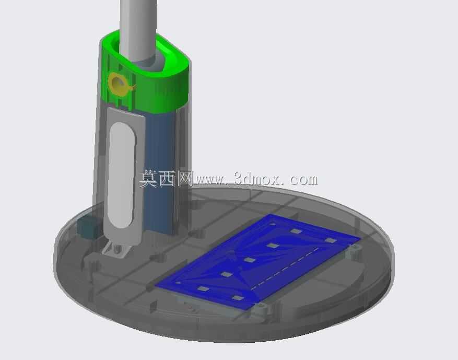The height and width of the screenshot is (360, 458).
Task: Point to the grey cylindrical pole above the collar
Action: click(x=138, y=29)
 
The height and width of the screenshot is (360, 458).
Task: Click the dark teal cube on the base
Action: click(x=89, y=226)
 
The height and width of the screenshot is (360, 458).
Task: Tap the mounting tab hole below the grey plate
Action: click(x=118, y=249)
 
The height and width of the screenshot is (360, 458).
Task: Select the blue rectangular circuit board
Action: click(x=257, y=262)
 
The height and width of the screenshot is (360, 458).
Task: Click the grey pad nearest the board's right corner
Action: click(x=331, y=240)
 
